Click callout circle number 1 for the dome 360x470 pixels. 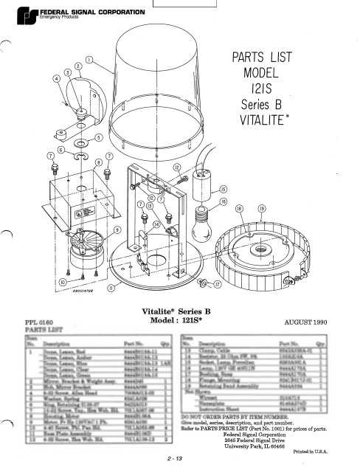tap(89, 58)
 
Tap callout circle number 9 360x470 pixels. tap(117, 229)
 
